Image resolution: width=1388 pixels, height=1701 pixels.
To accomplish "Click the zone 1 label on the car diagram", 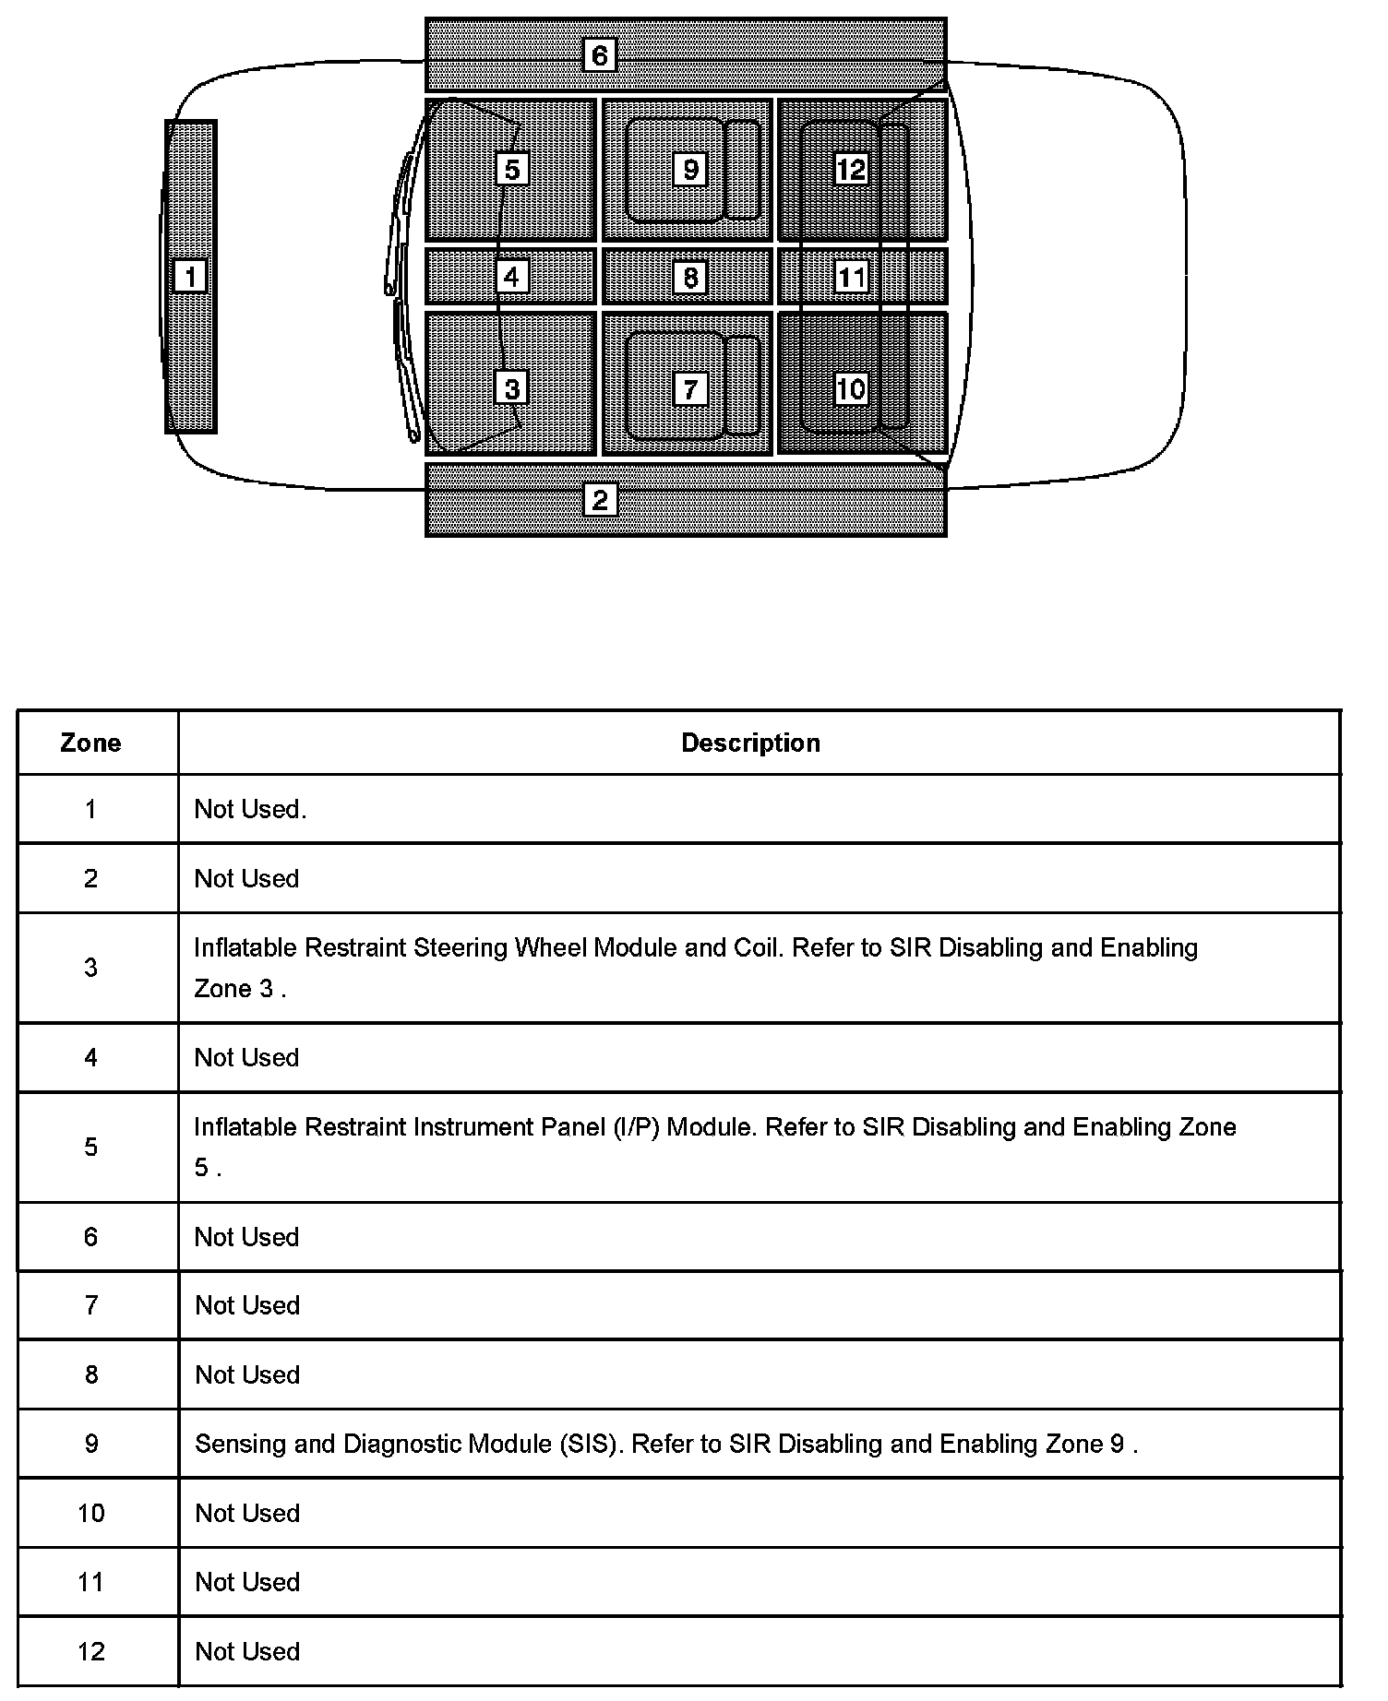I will click(x=191, y=276).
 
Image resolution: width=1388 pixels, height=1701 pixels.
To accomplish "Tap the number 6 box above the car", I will click(x=600, y=55).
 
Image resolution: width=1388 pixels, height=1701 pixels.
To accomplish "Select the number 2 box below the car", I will click(x=600, y=500).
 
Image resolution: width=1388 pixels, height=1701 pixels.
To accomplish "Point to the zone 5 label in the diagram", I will click(x=512, y=169).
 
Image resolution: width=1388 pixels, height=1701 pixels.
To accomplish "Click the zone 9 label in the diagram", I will click(x=690, y=169).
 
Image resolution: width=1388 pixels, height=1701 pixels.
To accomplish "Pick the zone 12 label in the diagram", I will click(x=851, y=169).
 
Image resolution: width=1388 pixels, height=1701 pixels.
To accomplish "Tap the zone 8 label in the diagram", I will click(x=690, y=277).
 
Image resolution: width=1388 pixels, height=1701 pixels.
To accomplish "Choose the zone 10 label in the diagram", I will click(x=851, y=388).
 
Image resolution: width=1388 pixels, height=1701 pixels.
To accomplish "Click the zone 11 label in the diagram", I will click(x=851, y=277).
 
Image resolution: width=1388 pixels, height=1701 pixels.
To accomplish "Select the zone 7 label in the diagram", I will click(x=690, y=388).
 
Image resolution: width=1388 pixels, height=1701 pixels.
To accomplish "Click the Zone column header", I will click(x=90, y=743).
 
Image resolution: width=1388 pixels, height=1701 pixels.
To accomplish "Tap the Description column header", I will click(x=750, y=743).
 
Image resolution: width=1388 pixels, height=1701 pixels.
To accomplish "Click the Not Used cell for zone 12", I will click(x=247, y=1651).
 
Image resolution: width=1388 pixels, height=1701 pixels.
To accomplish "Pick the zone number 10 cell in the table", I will click(x=91, y=1514).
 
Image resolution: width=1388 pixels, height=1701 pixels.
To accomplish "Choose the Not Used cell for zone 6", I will click(x=247, y=1237).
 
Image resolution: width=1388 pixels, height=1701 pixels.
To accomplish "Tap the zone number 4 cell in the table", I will click(x=90, y=1058).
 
